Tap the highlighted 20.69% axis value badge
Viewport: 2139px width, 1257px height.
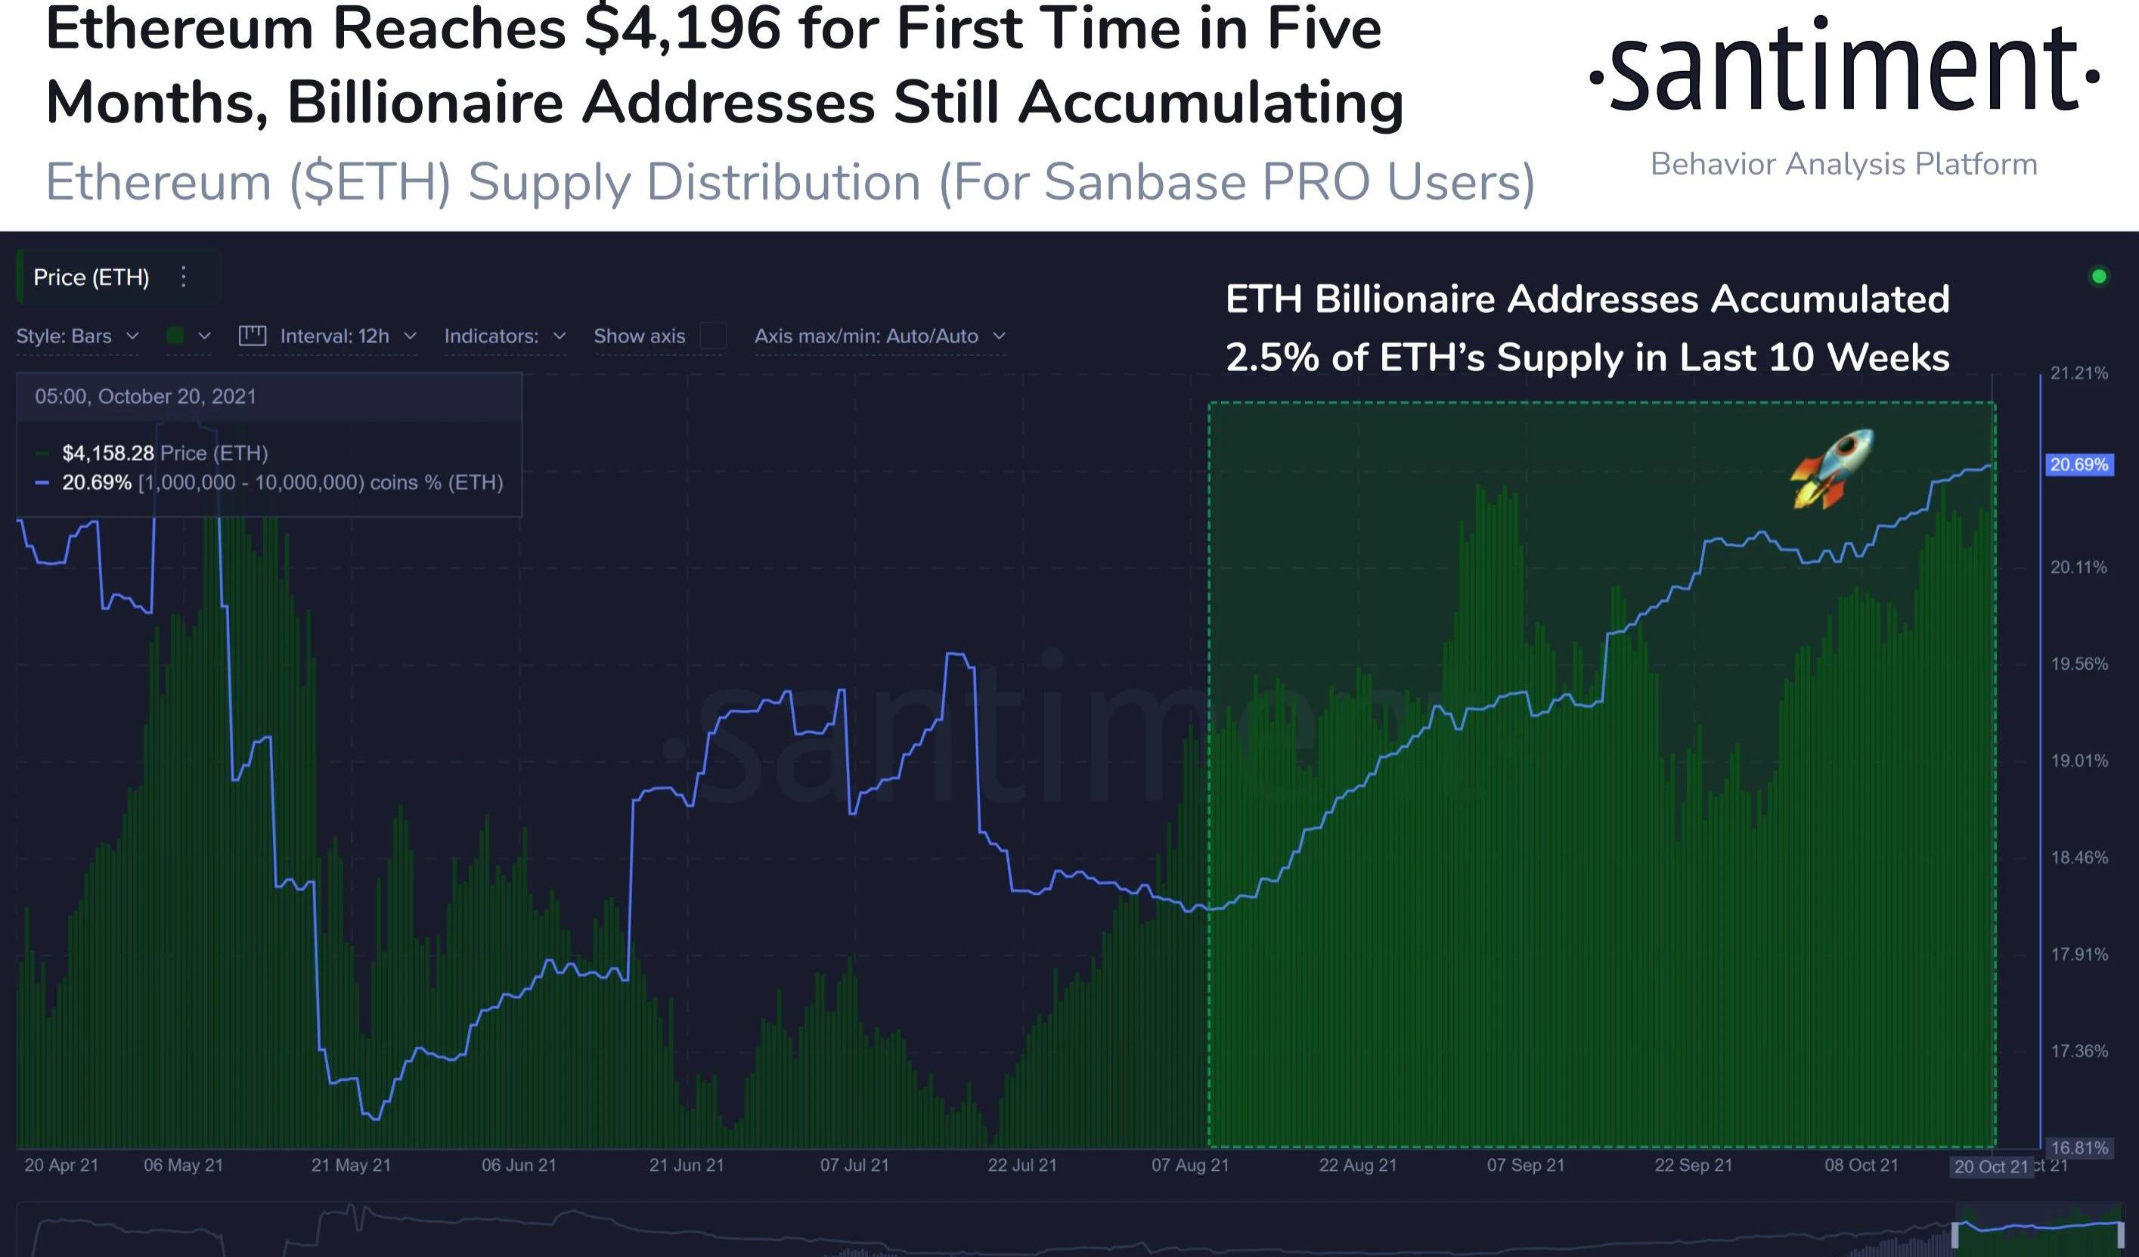click(x=2078, y=464)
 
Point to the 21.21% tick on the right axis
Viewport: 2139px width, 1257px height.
click(x=2079, y=373)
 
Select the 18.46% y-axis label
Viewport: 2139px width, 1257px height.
click(x=2079, y=857)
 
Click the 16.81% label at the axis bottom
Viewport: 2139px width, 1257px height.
click(x=2079, y=1147)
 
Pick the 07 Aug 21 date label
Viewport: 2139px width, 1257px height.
click(x=1189, y=1166)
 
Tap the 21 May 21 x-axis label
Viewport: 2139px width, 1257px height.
click(x=351, y=1166)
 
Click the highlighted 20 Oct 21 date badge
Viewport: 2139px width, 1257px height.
click(x=1991, y=1166)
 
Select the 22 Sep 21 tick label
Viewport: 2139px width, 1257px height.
click(x=1693, y=1166)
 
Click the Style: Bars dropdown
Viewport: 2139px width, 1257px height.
click(x=77, y=336)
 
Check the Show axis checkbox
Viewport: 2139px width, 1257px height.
click(x=713, y=336)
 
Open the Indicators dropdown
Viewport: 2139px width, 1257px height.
click(x=504, y=336)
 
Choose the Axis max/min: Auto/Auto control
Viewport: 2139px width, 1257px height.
click(x=879, y=336)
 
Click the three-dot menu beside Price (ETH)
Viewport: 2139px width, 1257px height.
click(x=183, y=277)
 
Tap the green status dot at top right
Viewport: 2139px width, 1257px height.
click(x=2099, y=276)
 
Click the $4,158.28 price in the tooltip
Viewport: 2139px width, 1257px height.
click(x=108, y=454)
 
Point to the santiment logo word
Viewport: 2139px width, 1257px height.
click(x=1843, y=70)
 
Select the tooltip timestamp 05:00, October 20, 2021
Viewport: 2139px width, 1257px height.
click(x=145, y=396)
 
